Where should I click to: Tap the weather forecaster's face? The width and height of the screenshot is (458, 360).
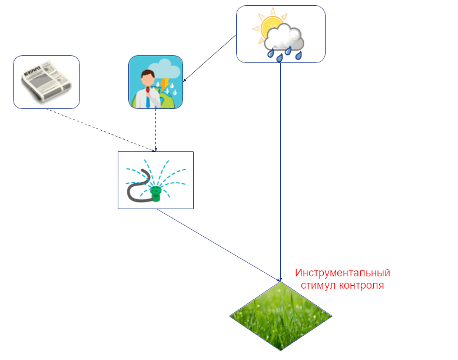(148, 78)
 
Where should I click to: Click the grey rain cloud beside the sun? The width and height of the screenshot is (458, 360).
(286, 38)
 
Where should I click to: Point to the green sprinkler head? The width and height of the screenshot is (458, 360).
(157, 193)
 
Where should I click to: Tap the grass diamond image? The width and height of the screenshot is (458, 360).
(280, 316)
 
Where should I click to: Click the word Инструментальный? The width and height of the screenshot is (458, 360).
(343, 273)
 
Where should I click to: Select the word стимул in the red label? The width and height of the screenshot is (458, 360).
(318, 286)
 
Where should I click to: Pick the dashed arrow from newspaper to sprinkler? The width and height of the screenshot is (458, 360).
(100, 129)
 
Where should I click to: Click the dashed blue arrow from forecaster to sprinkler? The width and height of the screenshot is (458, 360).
(155, 130)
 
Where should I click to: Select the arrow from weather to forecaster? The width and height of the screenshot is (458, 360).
(210, 59)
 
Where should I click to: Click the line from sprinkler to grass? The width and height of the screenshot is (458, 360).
(218, 245)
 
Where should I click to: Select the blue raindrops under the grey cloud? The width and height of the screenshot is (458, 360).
(285, 54)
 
